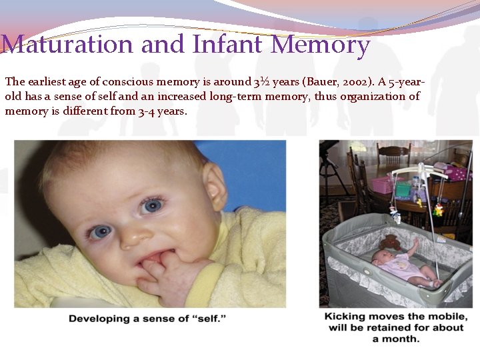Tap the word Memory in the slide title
click(321, 45)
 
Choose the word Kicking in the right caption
click(345, 316)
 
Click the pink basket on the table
click(381, 185)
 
